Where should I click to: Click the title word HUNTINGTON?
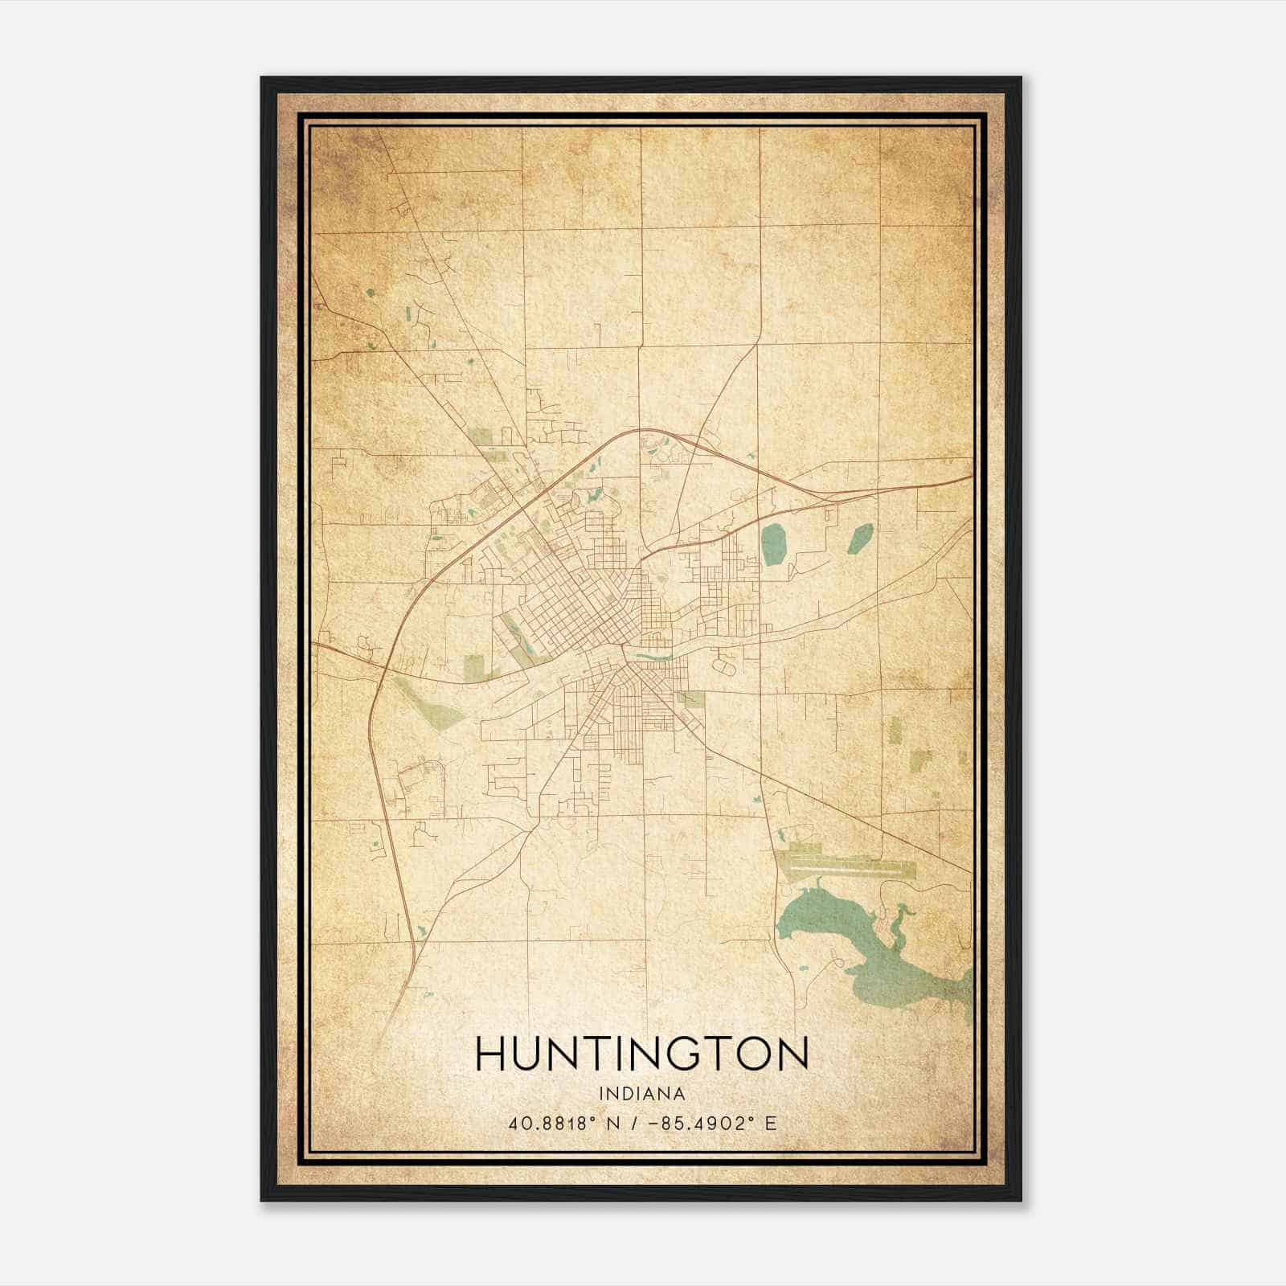[x=641, y=1054]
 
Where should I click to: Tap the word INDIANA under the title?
[x=641, y=1094]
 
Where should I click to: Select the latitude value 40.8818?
[x=543, y=1123]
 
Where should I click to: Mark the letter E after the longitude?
[x=771, y=1123]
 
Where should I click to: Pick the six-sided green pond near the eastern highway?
[x=859, y=539]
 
